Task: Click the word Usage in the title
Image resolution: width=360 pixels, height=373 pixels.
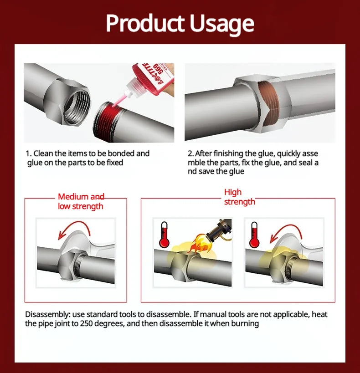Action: [x=222, y=24]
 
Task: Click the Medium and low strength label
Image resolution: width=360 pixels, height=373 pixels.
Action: [x=81, y=201]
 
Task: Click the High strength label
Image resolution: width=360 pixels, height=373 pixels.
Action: [x=239, y=197]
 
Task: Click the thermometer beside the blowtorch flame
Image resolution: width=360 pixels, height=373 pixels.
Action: [x=164, y=235]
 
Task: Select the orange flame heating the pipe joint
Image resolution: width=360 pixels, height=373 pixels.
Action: [x=200, y=243]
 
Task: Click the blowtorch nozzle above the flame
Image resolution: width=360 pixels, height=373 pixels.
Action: [x=219, y=230]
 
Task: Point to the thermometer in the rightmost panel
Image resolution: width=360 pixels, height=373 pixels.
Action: [x=254, y=235]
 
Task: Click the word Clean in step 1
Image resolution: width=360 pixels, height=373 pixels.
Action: [x=43, y=153]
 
